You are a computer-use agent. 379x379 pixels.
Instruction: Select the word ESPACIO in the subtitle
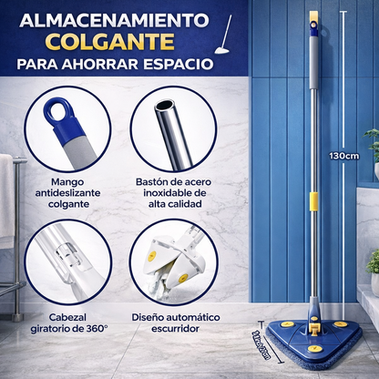tap(182, 67)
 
